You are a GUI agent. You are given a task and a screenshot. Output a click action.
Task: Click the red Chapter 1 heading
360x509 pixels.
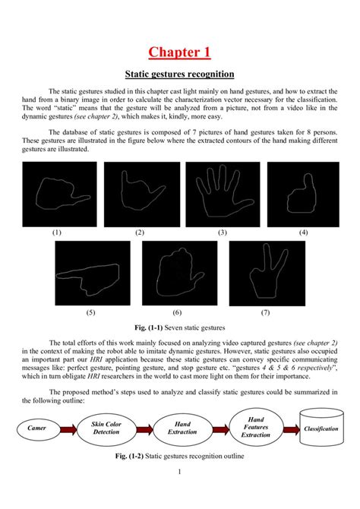tap(179, 52)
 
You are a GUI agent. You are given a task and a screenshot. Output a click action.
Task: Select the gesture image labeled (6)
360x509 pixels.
tap(177, 273)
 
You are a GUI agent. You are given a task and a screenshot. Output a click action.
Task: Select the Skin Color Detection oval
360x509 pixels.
tap(106, 428)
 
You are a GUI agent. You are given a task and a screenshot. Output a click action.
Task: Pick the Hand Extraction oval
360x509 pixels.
tap(182, 428)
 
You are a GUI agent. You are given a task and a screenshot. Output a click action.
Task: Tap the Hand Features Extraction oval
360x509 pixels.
tap(256, 428)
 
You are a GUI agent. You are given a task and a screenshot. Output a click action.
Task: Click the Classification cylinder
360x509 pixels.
tap(321, 429)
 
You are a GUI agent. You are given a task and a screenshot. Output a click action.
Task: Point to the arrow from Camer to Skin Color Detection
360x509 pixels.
tap(70, 429)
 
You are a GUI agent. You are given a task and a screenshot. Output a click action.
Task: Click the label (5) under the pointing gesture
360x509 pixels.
tap(90, 311)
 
